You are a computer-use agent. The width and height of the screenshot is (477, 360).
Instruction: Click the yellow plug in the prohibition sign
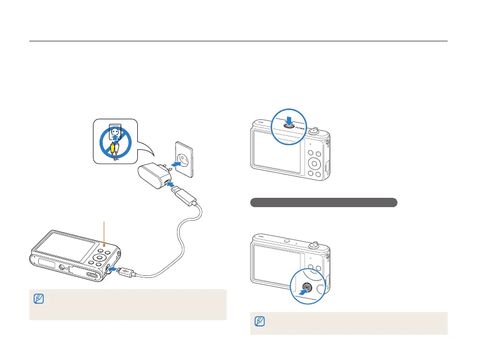pyautogui.click(x=112, y=150)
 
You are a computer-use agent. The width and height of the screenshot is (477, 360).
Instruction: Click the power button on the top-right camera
pyautogui.click(x=289, y=124)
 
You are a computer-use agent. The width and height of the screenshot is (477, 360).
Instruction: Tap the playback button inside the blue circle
pyautogui.click(x=307, y=287)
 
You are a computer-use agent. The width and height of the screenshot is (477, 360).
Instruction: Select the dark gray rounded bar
pyautogui.click(x=323, y=202)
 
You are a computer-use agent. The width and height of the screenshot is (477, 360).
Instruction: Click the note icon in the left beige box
pyautogui.click(x=38, y=299)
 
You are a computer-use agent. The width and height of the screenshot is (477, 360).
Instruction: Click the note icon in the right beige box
pyautogui.click(x=259, y=321)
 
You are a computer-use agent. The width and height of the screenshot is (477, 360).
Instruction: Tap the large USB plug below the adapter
pyautogui.click(x=183, y=199)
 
